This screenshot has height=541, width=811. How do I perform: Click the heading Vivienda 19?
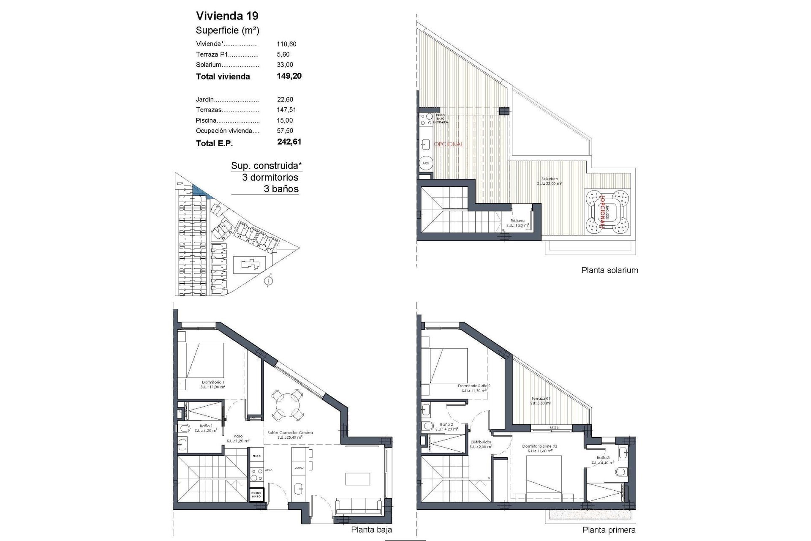point(227,16)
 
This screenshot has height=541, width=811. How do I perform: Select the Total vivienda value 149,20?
point(289,76)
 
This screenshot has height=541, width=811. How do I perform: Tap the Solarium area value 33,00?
point(285,65)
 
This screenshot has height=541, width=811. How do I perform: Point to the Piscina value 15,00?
point(285,120)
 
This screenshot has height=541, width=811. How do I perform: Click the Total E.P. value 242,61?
point(289,142)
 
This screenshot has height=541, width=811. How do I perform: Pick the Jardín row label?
point(205,100)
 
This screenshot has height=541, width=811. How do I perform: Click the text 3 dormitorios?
point(270,178)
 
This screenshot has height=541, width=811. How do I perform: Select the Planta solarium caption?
point(610,270)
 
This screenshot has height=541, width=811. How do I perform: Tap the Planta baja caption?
point(371,530)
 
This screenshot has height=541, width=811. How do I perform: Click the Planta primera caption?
point(609,530)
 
